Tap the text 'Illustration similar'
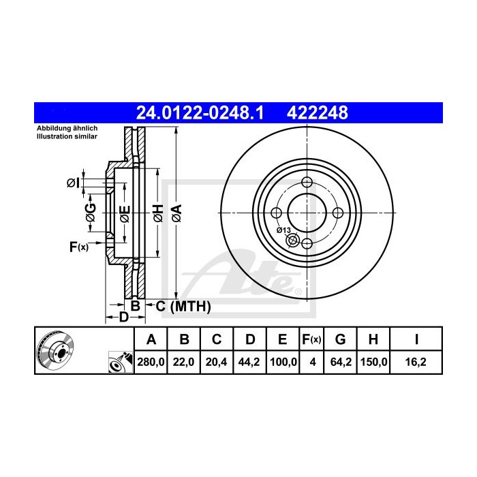tap(67, 136)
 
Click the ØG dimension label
tap(91, 213)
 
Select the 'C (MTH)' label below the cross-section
tap(183, 307)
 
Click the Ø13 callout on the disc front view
tap(284, 230)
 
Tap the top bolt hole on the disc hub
tap(306, 182)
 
